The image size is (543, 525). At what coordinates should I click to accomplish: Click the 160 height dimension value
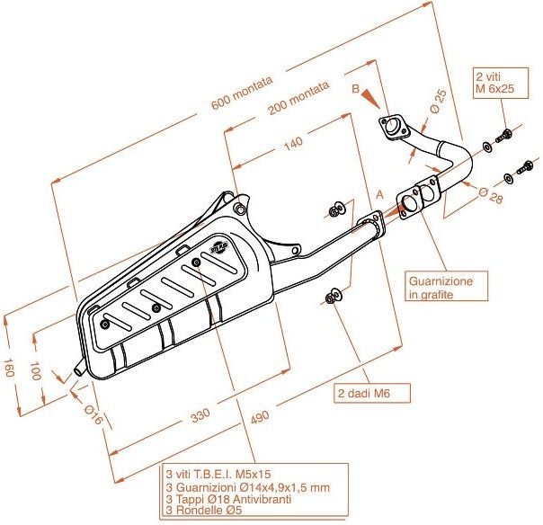pos(11,369)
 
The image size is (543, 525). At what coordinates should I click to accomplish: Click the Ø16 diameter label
pos(92,415)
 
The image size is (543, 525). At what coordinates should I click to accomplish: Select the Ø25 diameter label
pos(438,100)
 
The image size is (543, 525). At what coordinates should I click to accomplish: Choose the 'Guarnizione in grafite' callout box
pos(447,287)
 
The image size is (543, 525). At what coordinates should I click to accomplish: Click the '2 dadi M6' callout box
pos(372,393)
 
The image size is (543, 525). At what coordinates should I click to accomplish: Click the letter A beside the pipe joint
pos(380,193)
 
